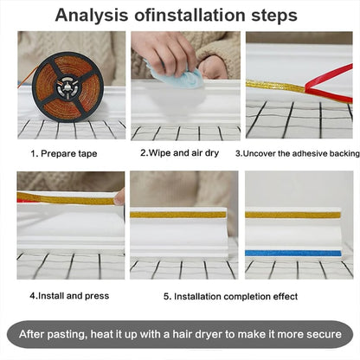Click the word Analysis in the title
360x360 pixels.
[x=92, y=16]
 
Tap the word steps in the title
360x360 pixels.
[x=274, y=16]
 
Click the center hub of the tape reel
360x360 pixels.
[x=67, y=87]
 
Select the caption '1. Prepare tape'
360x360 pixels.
[x=64, y=153]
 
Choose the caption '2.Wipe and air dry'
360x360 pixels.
[x=179, y=153]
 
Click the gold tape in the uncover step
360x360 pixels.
[x=275, y=86]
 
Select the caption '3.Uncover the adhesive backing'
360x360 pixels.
[x=298, y=153]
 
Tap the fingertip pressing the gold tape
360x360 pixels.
[x=119, y=196]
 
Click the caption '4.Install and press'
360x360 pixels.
[x=69, y=296]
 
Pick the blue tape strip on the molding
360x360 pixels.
[x=293, y=254]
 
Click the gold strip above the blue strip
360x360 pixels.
[x=293, y=215]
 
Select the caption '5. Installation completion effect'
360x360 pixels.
[x=230, y=297]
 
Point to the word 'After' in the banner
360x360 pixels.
[x=31, y=334]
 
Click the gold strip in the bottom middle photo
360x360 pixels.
[x=178, y=215]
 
